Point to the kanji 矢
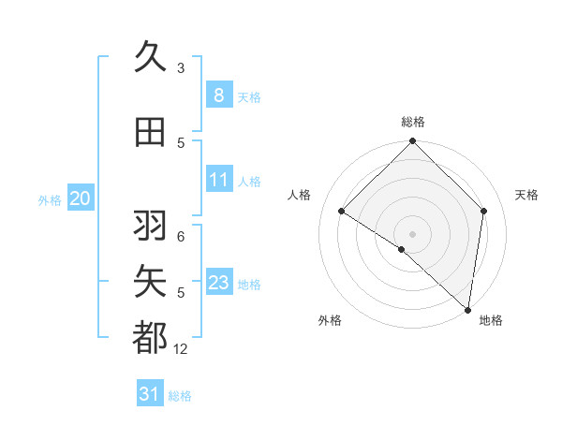(150, 282)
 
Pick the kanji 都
(150, 338)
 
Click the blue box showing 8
(218, 95)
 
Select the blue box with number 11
(218, 180)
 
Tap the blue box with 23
(218, 283)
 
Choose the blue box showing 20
(81, 198)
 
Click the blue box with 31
(150, 394)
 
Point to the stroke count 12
(181, 349)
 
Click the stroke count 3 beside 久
(181, 67)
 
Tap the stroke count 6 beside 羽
(181, 237)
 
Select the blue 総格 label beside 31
(181, 396)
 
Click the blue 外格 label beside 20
(50, 199)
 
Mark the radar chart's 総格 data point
(412, 142)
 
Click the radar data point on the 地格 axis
(467, 310)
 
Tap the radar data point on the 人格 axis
(342, 212)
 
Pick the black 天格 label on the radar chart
(526, 195)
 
